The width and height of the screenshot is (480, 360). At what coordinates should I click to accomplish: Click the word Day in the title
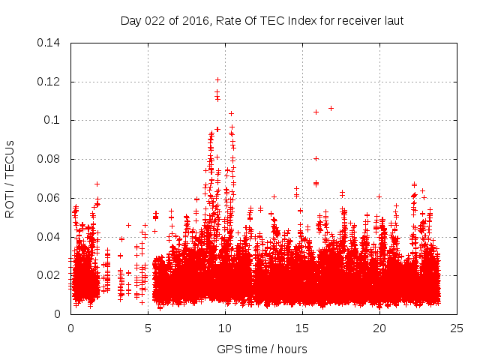coord(130,21)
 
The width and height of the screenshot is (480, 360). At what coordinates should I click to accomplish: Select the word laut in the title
coord(394,21)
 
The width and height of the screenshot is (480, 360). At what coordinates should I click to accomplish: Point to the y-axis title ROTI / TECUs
coord(10,178)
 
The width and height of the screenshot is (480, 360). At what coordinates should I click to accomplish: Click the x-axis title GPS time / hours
coord(262,349)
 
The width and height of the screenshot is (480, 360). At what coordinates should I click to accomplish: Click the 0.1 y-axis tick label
coord(53,120)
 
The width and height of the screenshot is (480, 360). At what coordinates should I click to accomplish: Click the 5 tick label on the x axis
coord(148,328)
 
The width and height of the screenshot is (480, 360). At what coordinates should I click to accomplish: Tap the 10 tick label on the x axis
coord(225,328)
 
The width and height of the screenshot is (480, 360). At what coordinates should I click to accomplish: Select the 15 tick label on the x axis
coord(302,328)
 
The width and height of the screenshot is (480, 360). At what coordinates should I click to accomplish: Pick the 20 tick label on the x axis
coord(379,328)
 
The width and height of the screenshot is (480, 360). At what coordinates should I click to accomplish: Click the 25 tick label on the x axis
coord(457,328)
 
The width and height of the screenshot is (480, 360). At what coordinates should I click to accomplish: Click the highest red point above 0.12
coord(217,79)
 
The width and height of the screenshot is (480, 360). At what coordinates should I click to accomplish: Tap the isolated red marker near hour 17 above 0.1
coord(331,108)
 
